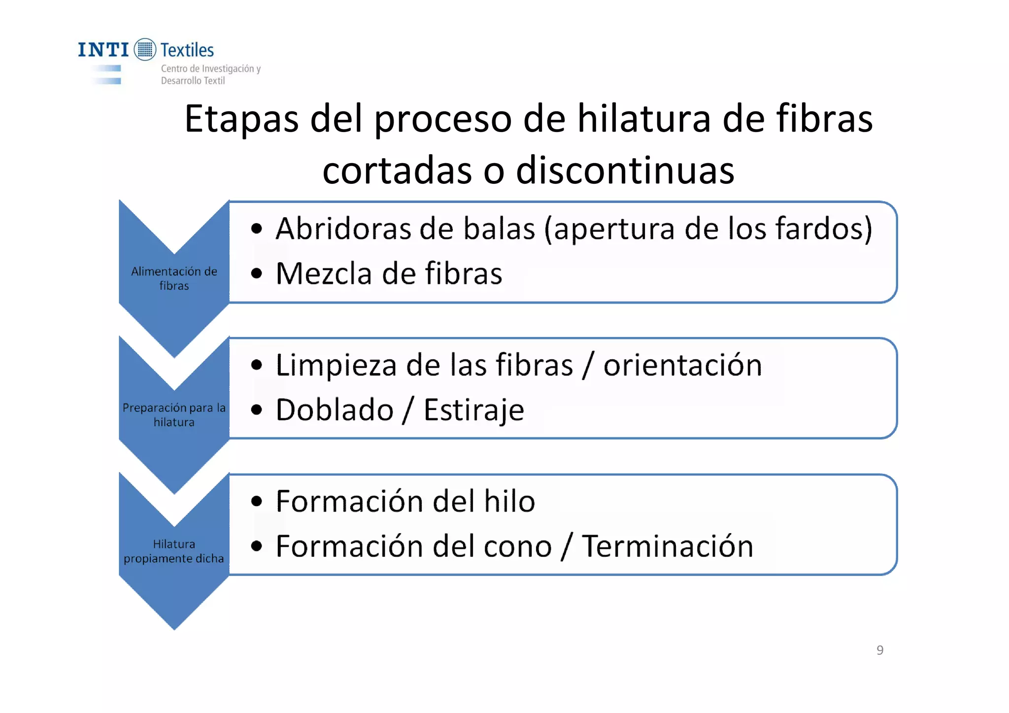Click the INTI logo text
coord(103,50)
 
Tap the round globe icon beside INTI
coord(145,50)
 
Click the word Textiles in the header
coord(187,50)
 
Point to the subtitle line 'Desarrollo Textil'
coord(193,81)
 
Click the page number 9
coord(880,650)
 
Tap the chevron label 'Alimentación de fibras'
coord(174,278)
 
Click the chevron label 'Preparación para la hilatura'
coord(174,415)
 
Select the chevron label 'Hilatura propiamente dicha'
coord(174,551)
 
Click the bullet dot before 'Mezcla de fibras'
coord(256,273)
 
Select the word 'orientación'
coord(682,365)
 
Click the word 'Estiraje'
coord(473,410)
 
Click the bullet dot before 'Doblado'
coord(256,410)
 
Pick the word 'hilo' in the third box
coord(509,502)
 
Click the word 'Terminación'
coord(668,546)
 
